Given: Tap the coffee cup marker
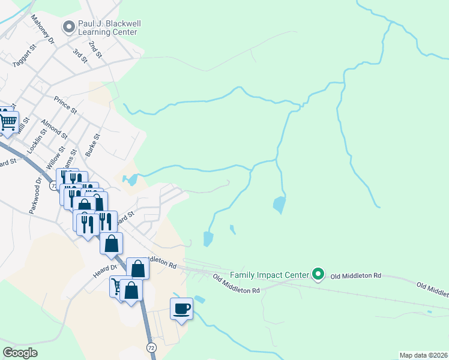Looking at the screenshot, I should (x=181, y=309).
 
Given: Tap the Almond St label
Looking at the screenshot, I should (x=54, y=127).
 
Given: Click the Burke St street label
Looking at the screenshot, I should (x=92, y=145).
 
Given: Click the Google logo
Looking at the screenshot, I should (x=20, y=353).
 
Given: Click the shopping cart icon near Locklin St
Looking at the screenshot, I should (x=8, y=122).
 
